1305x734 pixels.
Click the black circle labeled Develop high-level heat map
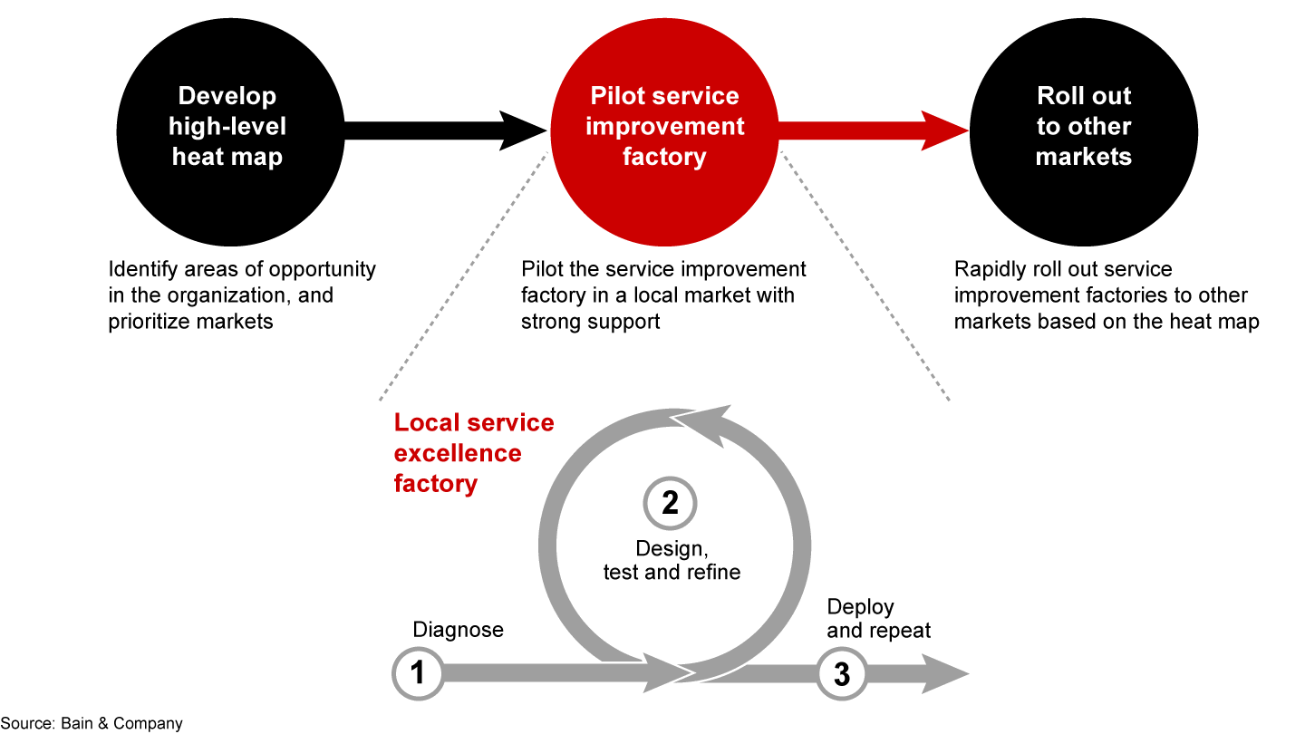point(227,127)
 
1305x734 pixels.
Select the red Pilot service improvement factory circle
point(664,127)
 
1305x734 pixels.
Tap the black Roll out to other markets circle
point(1083,127)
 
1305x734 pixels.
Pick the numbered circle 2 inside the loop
point(670,503)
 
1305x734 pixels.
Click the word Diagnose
point(458,630)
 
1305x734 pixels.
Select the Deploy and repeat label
point(878,618)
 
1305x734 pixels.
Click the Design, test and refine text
point(672,560)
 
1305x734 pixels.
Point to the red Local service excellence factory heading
point(473,453)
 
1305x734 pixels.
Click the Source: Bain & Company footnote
point(92,723)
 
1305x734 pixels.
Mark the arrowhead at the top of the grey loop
point(702,424)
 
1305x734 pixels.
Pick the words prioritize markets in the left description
point(190,322)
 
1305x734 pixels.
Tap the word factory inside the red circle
point(664,157)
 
